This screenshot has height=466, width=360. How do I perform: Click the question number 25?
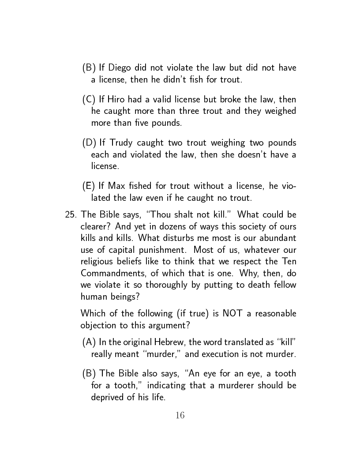coord(71,215)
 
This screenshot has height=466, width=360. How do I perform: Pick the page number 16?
coord(180,415)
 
